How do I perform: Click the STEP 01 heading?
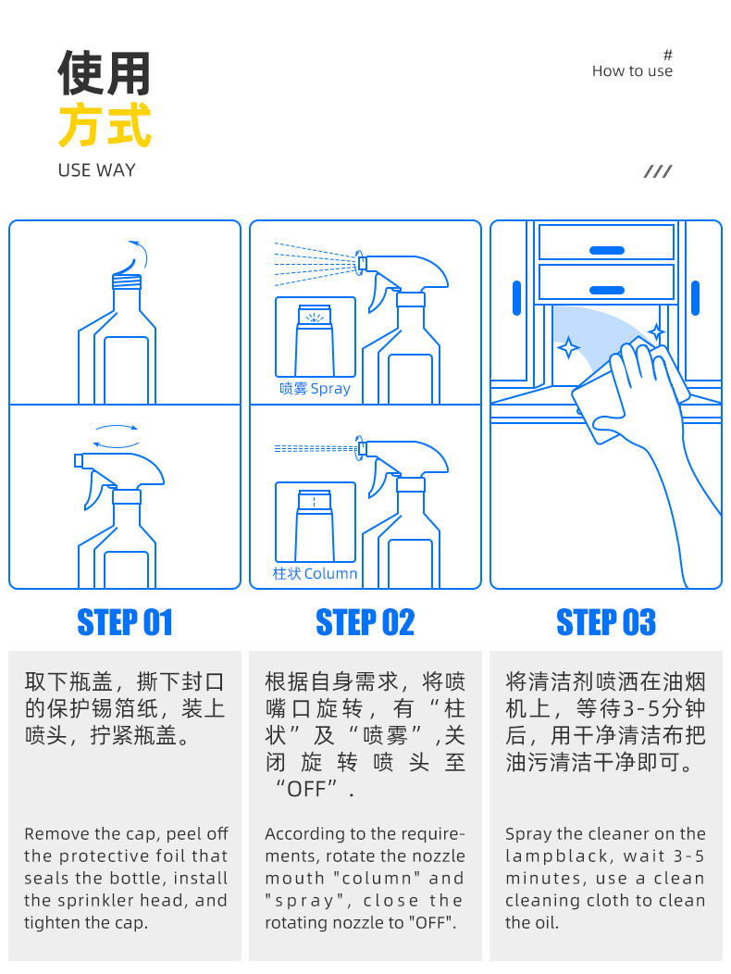point(124,622)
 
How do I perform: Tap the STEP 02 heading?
point(365,622)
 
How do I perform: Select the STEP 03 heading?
point(606,622)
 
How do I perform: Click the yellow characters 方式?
point(105,126)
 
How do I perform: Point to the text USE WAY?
point(96,170)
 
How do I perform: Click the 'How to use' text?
point(632,70)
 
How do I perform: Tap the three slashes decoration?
point(658,171)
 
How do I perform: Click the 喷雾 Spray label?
point(315,388)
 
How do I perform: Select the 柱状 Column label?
point(315,573)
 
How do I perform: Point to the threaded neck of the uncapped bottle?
point(127,281)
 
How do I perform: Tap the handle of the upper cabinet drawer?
point(607,250)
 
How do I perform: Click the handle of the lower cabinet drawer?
point(607,290)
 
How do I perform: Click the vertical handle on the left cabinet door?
point(516,298)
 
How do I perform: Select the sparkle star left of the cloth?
point(568,347)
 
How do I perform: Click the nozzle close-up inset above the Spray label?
point(316,337)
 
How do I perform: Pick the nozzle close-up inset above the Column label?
point(316,522)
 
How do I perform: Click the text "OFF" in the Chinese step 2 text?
point(307,789)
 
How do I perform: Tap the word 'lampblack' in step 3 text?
point(556,856)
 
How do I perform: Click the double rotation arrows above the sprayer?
point(117,436)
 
